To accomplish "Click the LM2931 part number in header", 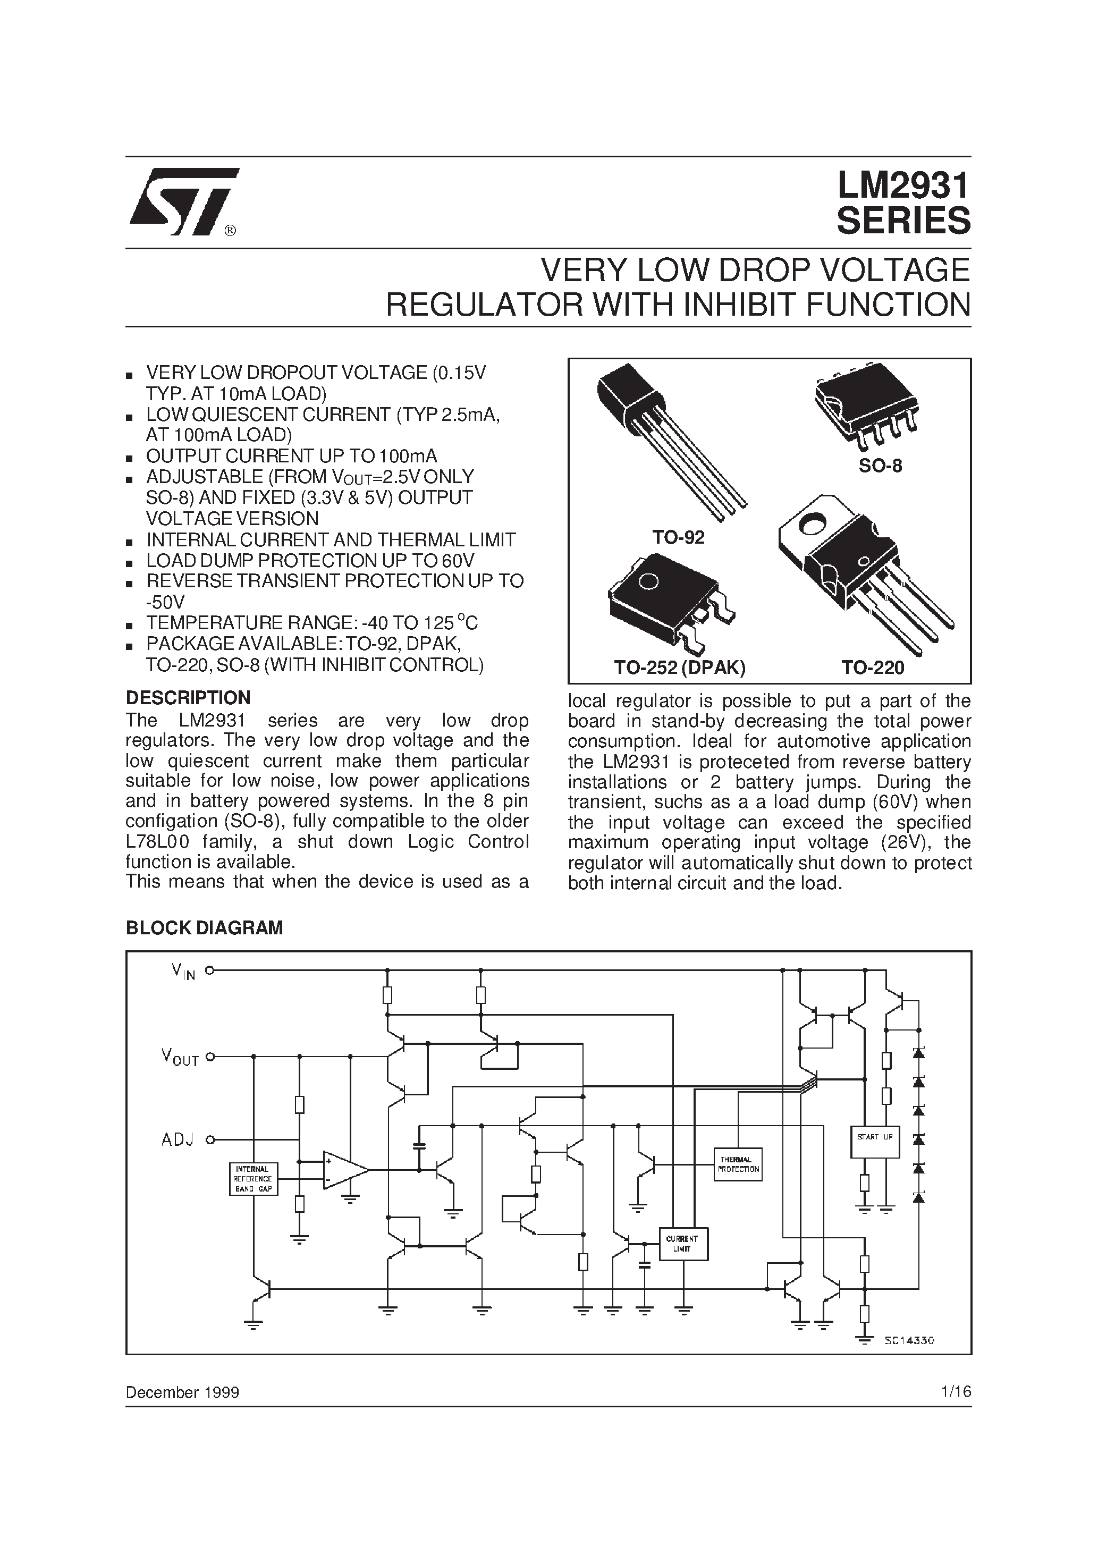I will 903,185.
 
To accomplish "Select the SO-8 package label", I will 880,466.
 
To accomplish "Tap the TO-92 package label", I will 678,537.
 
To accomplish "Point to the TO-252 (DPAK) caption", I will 680,668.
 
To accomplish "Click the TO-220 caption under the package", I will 873,668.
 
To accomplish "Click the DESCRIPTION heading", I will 188,698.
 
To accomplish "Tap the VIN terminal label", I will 183,972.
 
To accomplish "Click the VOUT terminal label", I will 180,1057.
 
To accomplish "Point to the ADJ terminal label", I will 178,1140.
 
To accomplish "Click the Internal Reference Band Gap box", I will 252,1178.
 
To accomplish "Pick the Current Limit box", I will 682,1243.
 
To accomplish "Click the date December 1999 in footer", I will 182,1392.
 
